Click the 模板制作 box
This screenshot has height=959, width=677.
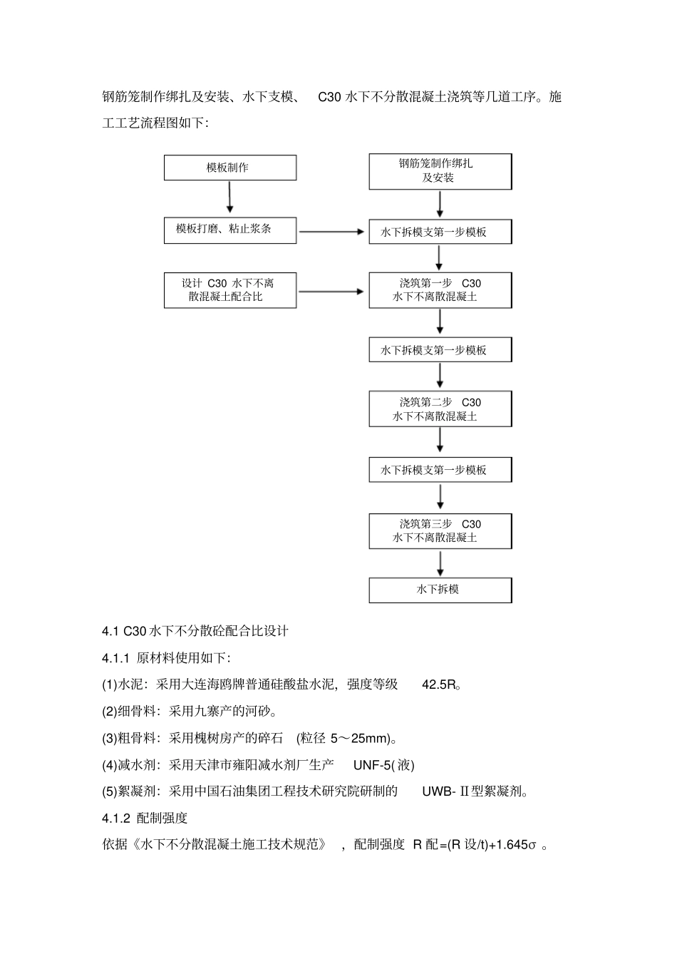pos(229,168)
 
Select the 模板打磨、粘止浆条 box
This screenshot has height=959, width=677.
pos(229,230)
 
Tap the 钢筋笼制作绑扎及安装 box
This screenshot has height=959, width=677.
pos(440,171)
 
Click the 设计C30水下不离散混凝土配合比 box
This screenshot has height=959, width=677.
pos(229,290)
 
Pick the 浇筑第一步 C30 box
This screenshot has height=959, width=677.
pos(440,290)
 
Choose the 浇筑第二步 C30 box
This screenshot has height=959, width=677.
pos(440,409)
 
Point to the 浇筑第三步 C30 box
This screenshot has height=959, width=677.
pos(440,531)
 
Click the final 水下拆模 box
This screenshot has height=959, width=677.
pos(440,590)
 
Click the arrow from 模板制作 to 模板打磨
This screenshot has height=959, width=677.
pos(229,198)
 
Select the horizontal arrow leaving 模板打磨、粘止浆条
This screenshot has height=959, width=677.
pos(331,231)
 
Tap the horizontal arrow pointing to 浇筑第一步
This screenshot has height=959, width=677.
pos(331,291)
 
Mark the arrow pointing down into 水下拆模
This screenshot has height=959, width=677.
pos(440,563)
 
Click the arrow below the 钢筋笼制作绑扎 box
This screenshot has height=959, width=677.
pos(440,204)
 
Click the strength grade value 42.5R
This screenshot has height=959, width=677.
pos(439,685)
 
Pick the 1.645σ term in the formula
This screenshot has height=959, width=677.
pos(515,845)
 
